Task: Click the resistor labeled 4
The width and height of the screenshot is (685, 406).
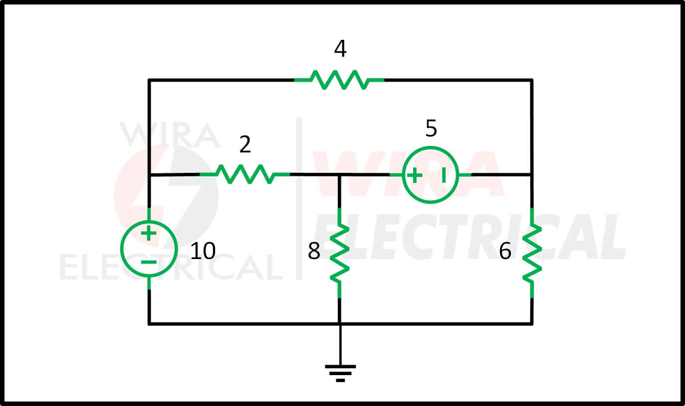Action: click(339, 80)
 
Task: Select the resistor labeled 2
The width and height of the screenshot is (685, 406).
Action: click(244, 174)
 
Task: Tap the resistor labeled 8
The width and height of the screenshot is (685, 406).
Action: click(339, 253)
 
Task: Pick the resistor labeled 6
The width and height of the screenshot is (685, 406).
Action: click(532, 253)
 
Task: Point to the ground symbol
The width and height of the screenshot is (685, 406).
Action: click(340, 374)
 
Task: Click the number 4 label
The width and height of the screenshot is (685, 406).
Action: click(340, 48)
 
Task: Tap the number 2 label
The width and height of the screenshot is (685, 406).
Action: click(245, 144)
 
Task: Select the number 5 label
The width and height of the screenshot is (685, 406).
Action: click(431, 128)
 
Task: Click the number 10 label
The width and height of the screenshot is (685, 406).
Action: click(203, 251)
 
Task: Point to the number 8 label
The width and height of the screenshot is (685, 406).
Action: click(314, 251)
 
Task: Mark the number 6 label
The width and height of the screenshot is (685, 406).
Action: click(505, 251)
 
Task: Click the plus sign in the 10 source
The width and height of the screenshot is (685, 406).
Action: click(149, 234)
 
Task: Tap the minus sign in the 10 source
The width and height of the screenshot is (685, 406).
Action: click(149, 262)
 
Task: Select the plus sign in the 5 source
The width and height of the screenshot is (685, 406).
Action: click(415, 175)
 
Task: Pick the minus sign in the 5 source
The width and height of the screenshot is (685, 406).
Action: click(444, 175)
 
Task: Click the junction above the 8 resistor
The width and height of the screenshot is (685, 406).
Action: click(339, 175)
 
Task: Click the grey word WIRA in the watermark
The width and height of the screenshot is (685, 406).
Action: click(170, 135)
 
